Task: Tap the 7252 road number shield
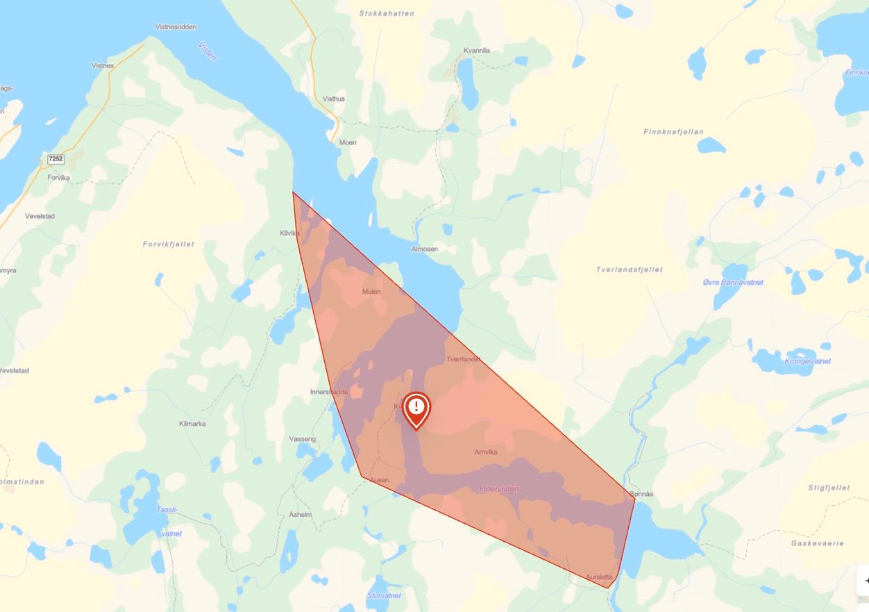point(56,159)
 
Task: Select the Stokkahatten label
point(387,13)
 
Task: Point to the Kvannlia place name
point(477,50)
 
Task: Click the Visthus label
point(333,99)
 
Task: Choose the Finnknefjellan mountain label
point(673,131)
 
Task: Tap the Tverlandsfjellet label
point(630,270)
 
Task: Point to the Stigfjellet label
point(829,488)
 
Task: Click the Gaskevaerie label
point(817,543)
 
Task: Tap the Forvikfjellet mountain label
point(169,244)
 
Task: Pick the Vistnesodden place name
point(176,27)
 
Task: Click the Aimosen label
point(424,249)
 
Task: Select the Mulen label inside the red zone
point(371,292)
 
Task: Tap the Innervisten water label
point(498,489)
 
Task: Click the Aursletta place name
point(599,577)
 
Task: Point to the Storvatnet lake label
point(384,595)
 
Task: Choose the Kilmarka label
point(192,423)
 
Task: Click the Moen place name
point(348,142)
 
